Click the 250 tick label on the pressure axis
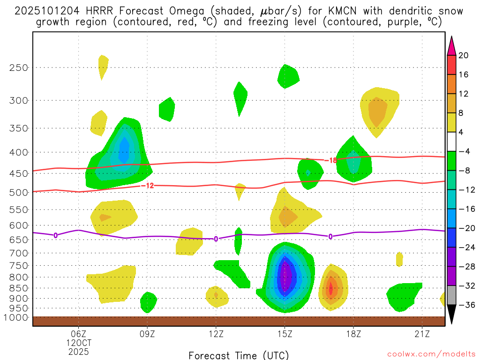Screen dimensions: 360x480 coord(18,67)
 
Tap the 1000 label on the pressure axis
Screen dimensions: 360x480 coord(15,318)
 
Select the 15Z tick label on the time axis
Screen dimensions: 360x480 coord(285,334)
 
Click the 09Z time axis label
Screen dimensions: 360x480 coord(147,334)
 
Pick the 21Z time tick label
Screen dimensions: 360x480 coord(422,334)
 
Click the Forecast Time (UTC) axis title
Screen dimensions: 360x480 coord(239,355)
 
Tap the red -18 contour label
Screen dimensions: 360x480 coord(330,160)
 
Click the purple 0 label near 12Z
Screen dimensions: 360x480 coord(216,239)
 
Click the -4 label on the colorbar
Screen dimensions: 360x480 coord(464,151)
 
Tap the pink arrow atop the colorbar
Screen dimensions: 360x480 coord(451,45)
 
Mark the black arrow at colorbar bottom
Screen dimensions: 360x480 coord(451,315)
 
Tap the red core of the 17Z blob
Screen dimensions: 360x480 coord(330,289)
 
